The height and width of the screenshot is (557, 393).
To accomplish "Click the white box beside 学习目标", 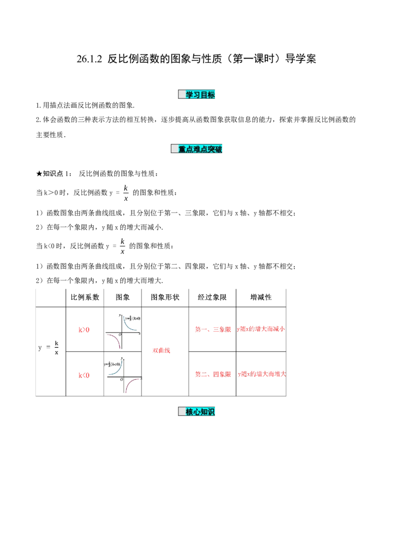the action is click(182, 95).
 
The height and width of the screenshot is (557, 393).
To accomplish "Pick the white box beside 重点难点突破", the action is click(174, 149).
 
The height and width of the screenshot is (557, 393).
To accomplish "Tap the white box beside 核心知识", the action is click(182, 412).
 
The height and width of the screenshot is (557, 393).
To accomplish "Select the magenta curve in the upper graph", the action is click(116, 340).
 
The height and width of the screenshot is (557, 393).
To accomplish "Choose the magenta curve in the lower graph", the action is click(129, 383).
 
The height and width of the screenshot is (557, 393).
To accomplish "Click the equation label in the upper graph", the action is click(133, 319).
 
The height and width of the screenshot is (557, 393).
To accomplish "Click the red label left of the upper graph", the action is click(84, 330).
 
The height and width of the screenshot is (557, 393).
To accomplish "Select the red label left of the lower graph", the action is click(84, 375).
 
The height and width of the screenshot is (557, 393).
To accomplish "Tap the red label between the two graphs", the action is click(161, 351).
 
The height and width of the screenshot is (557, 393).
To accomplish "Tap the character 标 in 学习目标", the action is click(211, 95).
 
